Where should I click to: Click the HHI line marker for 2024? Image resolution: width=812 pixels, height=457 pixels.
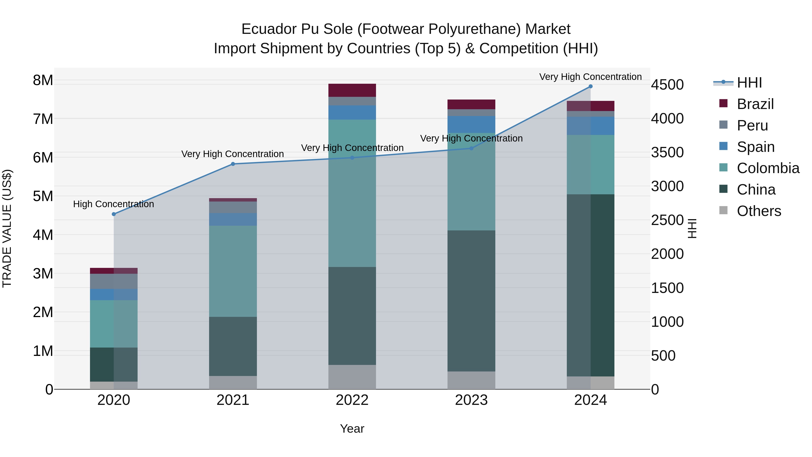(x=591, y=86)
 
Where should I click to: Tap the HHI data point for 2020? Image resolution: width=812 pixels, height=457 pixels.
(x=114, y=214)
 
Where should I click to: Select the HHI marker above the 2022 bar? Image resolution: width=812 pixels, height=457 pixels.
(x=352, y=158)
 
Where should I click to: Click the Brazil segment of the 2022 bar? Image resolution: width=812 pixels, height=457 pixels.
(x=352, y=90)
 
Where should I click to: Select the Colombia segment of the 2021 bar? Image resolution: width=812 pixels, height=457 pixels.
(x=233, y=271)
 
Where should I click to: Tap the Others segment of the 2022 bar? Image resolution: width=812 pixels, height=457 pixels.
(x=352, y=377)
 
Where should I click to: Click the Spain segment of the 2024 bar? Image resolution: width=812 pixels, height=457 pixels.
(x=591, y=126)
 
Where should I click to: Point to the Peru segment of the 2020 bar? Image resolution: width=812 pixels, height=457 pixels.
(x=114, y=281)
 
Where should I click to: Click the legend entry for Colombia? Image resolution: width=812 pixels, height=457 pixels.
(x=768, y=168)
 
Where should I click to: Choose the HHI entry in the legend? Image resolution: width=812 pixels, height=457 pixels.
(x=749, y=83)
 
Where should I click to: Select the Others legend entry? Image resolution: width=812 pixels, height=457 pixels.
(x=759, y=211)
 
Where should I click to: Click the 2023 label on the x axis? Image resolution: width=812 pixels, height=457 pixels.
(x=471, y=400)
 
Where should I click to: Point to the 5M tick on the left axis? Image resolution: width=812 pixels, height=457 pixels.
(x=43, y=196)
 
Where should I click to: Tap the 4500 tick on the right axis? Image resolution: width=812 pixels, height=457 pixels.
(x=667, y=85)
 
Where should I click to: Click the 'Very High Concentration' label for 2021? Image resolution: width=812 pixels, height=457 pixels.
(x=233, y=154)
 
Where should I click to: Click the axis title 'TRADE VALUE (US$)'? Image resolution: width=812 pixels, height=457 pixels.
(x=7, y=228)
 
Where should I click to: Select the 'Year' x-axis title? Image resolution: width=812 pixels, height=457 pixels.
(x=352, y=429)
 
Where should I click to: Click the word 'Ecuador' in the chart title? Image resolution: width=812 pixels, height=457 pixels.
(x=269, y=29)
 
